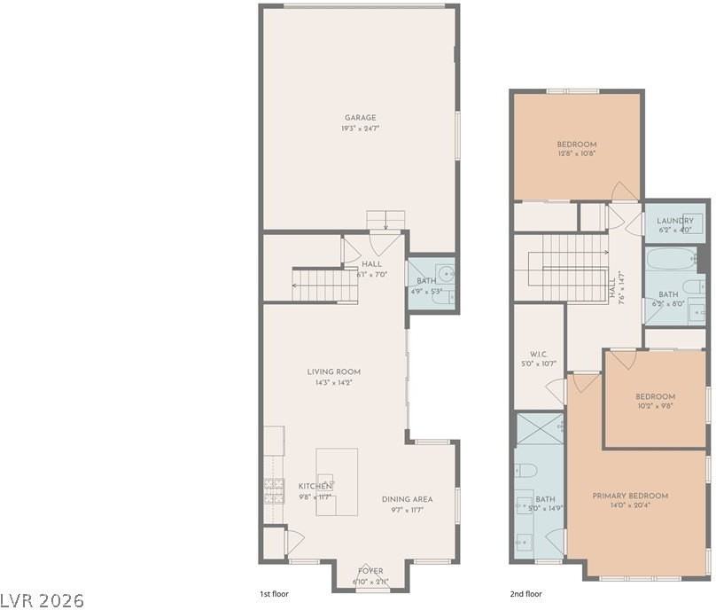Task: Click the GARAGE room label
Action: [361, 117]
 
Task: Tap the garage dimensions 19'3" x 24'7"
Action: [361, 129]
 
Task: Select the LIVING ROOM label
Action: [334, 371]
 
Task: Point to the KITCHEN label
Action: [315, 486]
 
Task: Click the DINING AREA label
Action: [407, 499]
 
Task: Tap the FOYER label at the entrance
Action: [370, 570]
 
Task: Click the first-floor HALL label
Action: [372, 265]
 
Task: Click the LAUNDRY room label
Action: [675, 221]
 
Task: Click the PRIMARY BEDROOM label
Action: [630, 496]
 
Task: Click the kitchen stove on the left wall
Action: [272, 489]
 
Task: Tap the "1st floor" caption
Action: [273, 594]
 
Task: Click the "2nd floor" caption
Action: [526, 594]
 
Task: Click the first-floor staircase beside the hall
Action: [323, 284]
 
